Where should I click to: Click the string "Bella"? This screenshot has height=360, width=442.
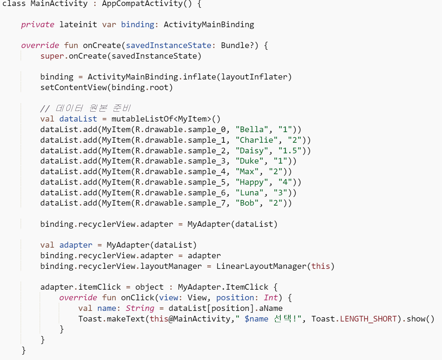point(252,130)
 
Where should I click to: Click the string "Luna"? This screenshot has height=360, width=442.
point(249,193)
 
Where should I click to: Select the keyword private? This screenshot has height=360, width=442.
point(37,25)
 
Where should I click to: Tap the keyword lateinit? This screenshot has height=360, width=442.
point(78,25)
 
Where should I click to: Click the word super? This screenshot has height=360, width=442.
point(52,56)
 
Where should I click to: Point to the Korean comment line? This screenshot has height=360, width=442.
point(85,108)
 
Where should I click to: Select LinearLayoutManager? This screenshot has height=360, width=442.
point(261,266)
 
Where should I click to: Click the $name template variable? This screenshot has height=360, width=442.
point(256,319)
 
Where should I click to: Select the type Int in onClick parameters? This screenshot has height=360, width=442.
point(271,298)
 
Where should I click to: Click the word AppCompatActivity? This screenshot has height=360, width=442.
point(142,4)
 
